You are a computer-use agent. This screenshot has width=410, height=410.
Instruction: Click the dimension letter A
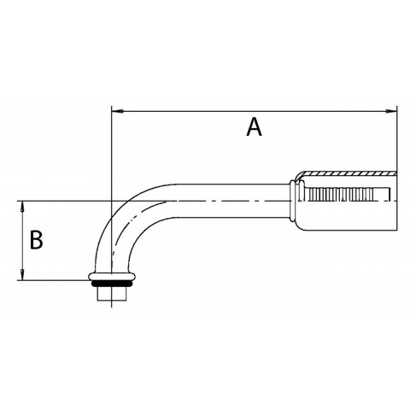[x=254, y=128]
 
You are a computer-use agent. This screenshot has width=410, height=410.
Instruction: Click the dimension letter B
[x=37, y=240]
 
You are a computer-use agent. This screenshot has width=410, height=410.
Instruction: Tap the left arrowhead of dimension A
[x=117, y=111]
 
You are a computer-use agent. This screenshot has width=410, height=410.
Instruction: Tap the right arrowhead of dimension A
[x=391, y=111]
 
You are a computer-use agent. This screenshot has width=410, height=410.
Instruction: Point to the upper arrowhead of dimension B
[x=22, y=206]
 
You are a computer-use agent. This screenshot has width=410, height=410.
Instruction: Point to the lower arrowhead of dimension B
[x=22, y=275]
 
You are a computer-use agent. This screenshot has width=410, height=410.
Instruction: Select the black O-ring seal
[x=112, y=284]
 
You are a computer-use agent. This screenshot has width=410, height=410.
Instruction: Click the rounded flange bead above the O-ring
[x=112, y=277]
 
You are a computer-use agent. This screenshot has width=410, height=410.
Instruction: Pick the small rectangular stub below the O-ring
[x=112, y=294]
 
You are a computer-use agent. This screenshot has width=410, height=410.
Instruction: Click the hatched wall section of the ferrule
[x=348, y=173]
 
